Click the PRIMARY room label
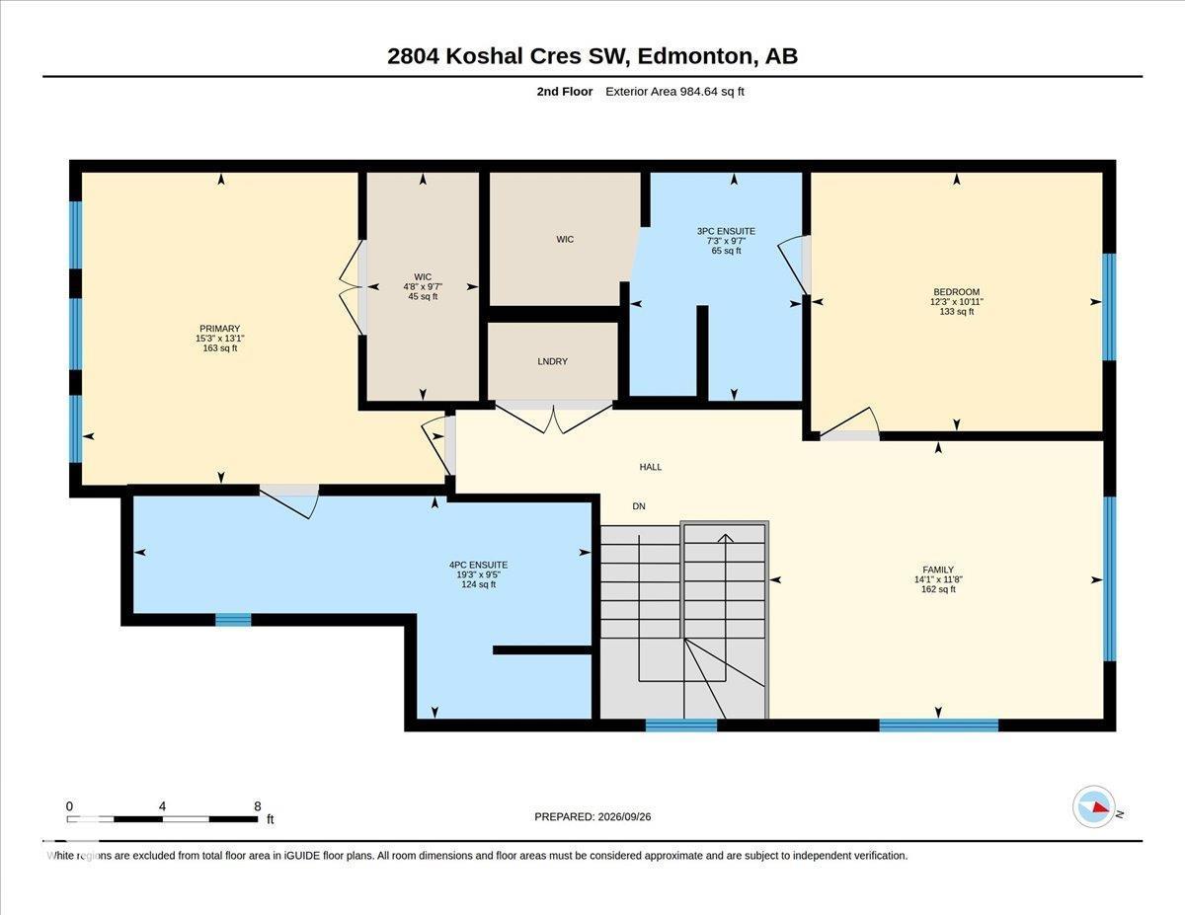click(x=220, y=329)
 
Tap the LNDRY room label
click(x=552, y=361)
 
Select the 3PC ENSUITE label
click(x=726, y=231)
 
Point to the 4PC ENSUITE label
click(x=478, y=566)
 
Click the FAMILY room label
click(x=938, y=571)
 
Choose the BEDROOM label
click(x=957, y=292)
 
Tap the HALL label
click(x=651, y=467)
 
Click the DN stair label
click(x=639, y=506)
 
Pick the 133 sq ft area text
click(x=957, y=312)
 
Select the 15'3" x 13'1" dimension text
click(x=220, y=339)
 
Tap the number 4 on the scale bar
click(x=162, y=806)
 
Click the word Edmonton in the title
click(x=695, y=56)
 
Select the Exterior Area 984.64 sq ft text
click(x=674, y=92)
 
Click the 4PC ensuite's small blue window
click(x=233, y=620)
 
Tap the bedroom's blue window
click(x=1109, y=307)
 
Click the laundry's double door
click(x=554, y=419)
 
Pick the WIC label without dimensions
click(x=565, y=239)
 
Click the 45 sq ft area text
click(x=423, y=296)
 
